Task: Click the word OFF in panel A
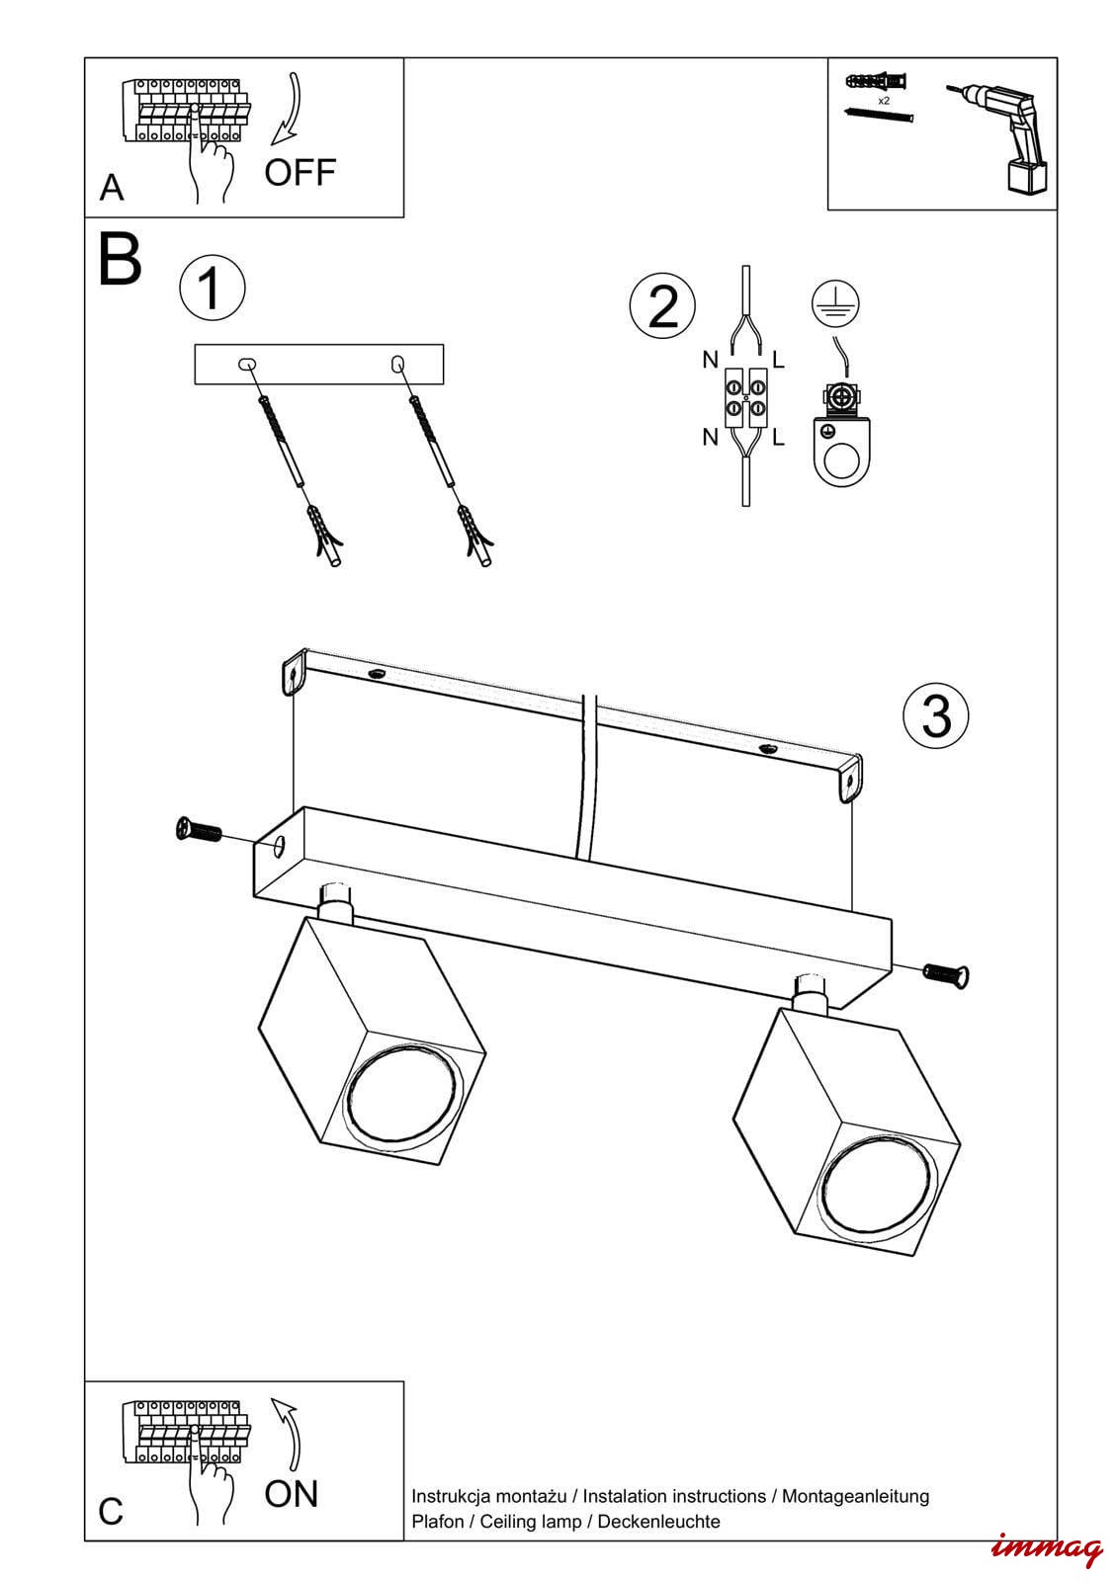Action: click(x=300, y=173)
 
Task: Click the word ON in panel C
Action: click(x=292, y=1493)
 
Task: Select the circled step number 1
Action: click(x=212, y=288)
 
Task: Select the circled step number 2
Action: click(x=662, y=305)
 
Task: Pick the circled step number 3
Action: click(x=935, y=714)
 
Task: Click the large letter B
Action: click(x=120, y=261)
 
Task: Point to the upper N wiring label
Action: click(x=710, y=361)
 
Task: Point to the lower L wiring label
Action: click(x=778, y=437)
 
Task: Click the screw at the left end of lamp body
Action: click(x=198, y=831)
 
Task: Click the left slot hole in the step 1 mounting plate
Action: click(x=247, y=364)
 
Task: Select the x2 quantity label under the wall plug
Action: click(x=883, y=101)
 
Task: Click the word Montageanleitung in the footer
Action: click(x=855, y=1496)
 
